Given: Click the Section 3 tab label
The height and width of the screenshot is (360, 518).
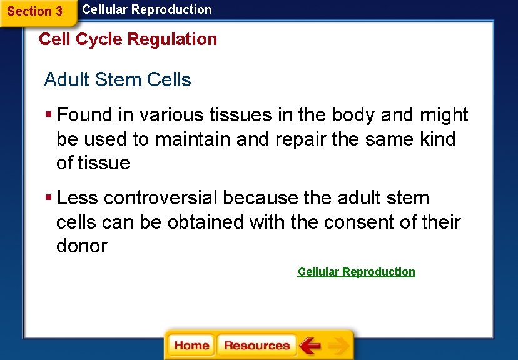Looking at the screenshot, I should tap(34, 11).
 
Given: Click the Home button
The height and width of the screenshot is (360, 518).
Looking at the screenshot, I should tap(191, 346).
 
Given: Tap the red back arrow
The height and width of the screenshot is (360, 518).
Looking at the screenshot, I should tap(310, 346).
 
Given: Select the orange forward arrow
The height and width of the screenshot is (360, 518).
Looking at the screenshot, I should tap(338, 346).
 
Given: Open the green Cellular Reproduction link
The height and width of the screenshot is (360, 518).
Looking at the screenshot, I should tap(356, 272).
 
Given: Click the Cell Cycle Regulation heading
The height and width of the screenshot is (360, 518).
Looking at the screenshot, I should tap(128, 39).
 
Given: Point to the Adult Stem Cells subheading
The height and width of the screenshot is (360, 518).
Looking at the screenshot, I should tap(118, 80).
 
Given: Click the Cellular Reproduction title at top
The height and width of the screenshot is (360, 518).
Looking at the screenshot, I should tap(147, 9).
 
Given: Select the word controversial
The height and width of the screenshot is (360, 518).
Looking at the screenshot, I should tap(161, 198).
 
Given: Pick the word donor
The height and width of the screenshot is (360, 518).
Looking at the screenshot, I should tap(81, 246).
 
